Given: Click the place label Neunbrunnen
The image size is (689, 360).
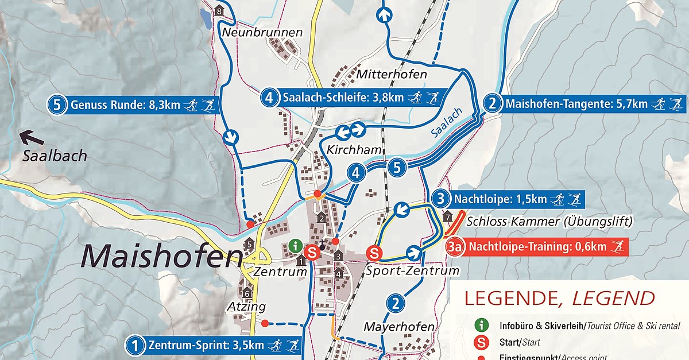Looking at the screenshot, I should click(x=262, y=32).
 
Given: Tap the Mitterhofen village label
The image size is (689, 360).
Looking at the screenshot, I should click(x=392, y=75).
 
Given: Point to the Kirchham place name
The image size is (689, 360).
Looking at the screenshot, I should click(x=354, y=150).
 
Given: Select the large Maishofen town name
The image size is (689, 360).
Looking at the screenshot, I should click(x=161, y=256).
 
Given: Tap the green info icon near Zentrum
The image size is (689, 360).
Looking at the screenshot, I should click(x=296, y=245).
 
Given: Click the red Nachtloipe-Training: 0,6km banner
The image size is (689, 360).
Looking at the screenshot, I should click(x=537, y=247).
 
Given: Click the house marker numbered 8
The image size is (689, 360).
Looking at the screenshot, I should click(x=218, y=11).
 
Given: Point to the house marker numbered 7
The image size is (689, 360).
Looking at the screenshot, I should click(x=448, y=216).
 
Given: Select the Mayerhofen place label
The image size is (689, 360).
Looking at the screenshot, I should click(x=399, y=327).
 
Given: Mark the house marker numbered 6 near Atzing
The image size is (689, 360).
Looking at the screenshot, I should click(x=247, y=293).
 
